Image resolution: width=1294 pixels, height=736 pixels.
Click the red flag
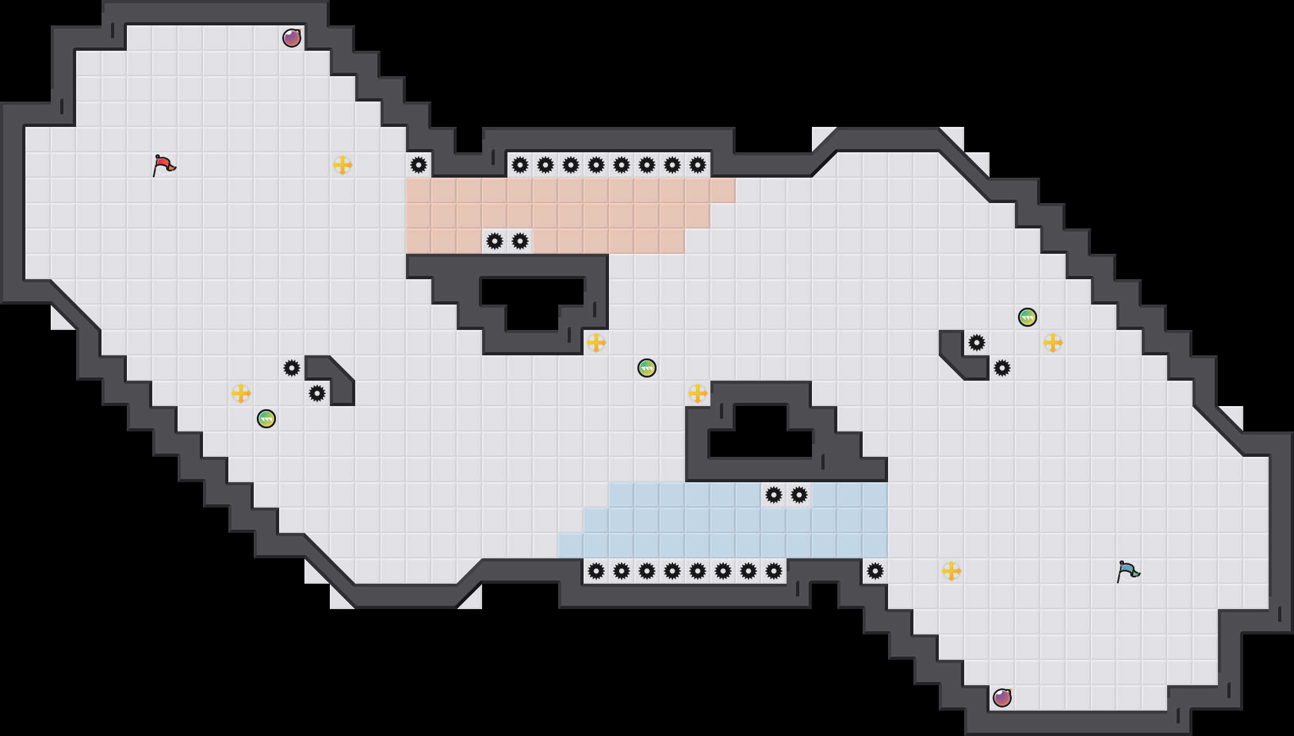pos(164,165)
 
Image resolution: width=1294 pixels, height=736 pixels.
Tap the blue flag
pos(1128,571)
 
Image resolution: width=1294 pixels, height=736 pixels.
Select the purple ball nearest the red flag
pos(292,38)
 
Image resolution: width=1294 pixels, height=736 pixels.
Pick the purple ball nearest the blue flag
pos(1002,698)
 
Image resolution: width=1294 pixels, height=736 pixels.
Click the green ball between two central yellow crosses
pos(647,368)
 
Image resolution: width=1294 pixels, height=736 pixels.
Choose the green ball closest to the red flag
pos(266,419)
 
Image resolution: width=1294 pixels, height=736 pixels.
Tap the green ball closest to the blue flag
pos(1028,317)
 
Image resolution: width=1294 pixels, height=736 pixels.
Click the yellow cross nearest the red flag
pos(343,165)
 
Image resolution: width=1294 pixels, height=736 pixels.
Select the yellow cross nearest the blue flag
pos(951,571)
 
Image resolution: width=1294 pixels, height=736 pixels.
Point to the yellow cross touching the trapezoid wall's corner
pos(698,393)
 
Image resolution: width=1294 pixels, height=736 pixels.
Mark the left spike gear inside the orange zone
pos(495,241)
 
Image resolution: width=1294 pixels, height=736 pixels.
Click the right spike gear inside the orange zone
pos(520,241)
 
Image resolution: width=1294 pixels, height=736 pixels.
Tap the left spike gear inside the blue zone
pos(774,495)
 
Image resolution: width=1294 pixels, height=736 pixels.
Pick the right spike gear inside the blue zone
pos(799,495)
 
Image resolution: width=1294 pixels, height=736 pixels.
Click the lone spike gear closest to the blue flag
pos(875,571)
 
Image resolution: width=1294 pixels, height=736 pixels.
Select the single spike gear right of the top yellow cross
pos(419,165)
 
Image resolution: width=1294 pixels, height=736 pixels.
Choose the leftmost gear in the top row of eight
pos(520,165)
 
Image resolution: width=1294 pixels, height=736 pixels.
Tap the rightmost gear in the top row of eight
pos(698,165)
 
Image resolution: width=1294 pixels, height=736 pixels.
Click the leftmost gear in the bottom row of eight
pos(596,571)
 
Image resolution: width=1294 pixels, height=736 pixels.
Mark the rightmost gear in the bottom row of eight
pos(774,571)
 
